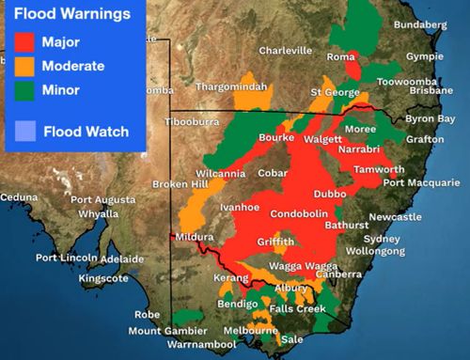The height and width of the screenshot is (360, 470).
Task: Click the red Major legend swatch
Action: [25, 42]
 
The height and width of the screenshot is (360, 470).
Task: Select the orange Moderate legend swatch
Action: [25, 67]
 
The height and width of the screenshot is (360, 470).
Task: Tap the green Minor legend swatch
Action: [25, 90]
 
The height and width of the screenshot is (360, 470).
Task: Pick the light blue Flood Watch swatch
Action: [25, 131]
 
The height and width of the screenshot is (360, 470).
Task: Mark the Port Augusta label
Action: [102, 199]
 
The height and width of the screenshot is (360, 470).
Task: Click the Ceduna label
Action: [19, 197]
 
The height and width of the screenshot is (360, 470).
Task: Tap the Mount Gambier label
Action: [166, 331]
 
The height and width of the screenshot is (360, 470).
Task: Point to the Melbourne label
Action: [251, 331]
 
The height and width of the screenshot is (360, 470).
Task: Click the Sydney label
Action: [382, 239]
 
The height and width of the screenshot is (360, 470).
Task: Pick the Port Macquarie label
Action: [419, 182]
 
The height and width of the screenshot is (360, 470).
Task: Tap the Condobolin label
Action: [299, 214]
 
